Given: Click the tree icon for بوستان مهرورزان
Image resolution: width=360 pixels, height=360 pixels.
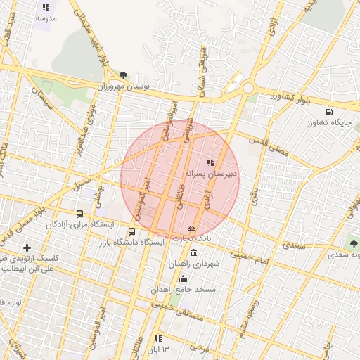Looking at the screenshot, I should click(124, 75).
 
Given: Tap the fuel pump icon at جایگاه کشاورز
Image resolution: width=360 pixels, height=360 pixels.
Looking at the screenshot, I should click(329, 112).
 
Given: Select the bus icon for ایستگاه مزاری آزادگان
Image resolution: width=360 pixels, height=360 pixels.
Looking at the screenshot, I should click(79, 214).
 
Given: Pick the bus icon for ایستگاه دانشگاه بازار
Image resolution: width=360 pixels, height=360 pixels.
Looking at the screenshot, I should click(132, 231).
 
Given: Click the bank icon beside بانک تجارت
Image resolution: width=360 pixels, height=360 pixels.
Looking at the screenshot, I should click(191, 229).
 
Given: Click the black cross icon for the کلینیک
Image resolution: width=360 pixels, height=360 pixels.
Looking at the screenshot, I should click(27, 247).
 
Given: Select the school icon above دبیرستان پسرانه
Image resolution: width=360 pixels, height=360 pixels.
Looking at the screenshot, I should click(211, 162).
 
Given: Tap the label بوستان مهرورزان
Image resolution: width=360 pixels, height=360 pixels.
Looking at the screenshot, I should click(124, 86).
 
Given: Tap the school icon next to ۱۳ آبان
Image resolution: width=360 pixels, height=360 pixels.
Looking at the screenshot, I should click(158, 338).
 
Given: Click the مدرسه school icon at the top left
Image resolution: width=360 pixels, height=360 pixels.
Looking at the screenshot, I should click(46, 8).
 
